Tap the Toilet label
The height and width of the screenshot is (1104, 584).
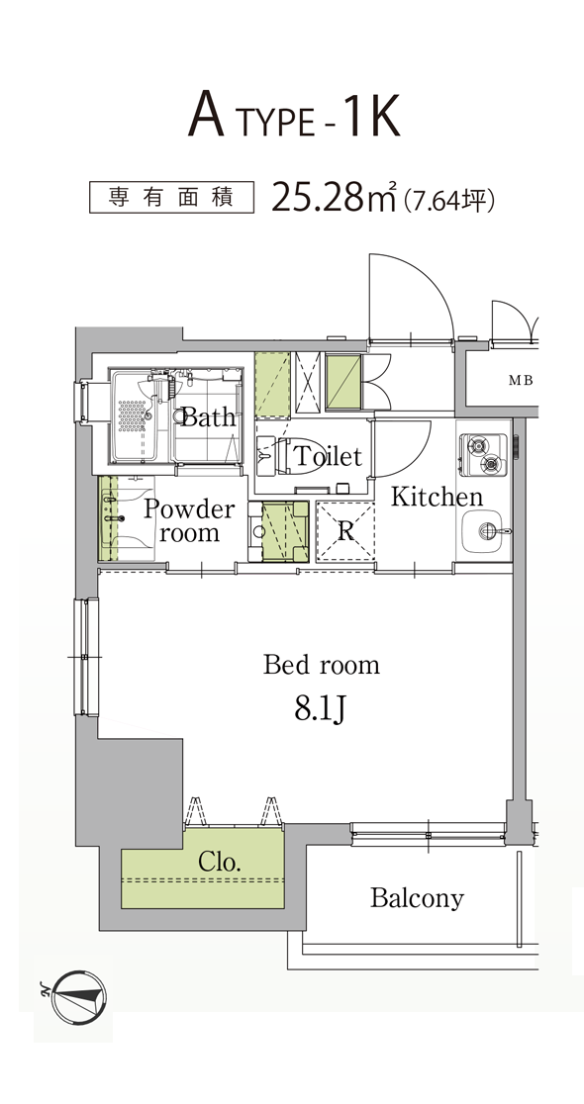coord(328,456)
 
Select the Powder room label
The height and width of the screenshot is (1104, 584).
coord(189,521)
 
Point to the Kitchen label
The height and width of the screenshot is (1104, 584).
coord(437,497)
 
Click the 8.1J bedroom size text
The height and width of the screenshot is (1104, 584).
coord(320,709)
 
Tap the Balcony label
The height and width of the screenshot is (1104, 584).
coord(417,898)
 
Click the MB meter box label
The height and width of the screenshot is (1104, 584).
coord(522,381)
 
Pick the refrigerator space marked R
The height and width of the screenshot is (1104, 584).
coord(345,531)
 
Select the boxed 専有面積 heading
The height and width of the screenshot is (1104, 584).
coord(171,197)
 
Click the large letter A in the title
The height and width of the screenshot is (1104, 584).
coord(206,116)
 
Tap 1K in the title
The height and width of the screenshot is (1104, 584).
coord(371,116)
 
